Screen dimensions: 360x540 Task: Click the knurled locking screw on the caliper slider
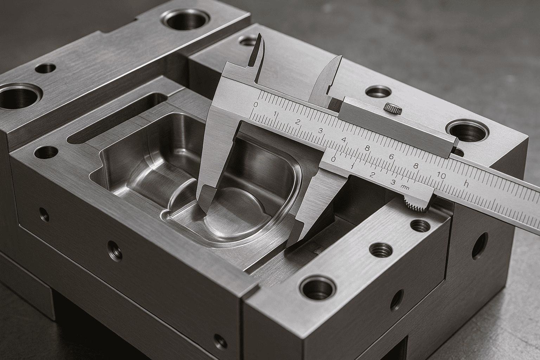[x=393, y=108]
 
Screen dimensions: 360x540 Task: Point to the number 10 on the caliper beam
[x=442, y=175]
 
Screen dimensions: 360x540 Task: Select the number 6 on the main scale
[x=391, y=157]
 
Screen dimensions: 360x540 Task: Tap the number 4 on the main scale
[x=343, y=140]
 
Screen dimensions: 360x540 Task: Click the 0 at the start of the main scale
[x=256, y=104]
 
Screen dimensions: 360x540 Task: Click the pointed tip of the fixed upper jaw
[x=260, y=35]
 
